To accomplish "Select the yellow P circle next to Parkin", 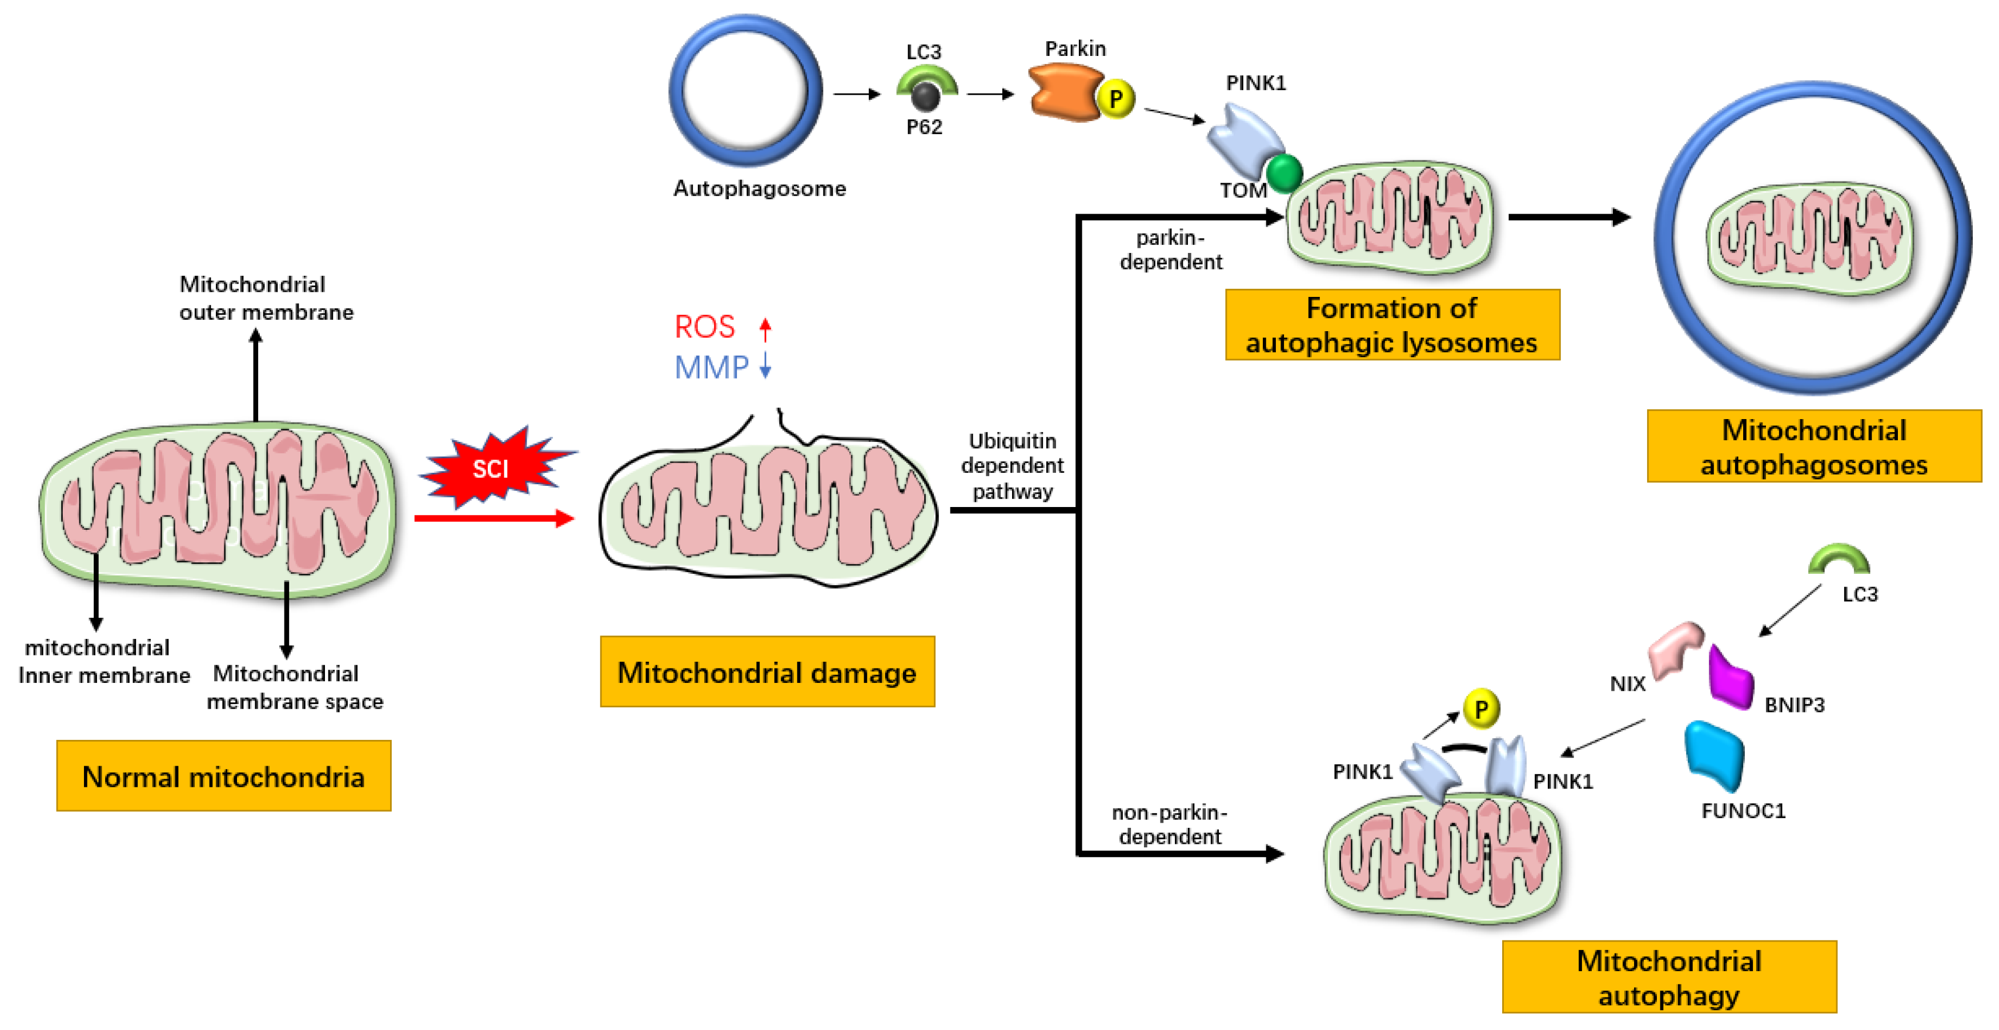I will click(x=1116, y=99).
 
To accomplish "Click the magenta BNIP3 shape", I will click(x=1730, y=679).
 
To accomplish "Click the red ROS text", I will click(x=704, y=327).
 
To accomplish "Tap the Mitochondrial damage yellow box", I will click(x=766, y=671).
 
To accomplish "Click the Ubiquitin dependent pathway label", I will click(x=1012, y=465).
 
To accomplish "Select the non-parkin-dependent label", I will click(x=1170, y=824).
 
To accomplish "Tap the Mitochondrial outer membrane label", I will click(x=266, y=298).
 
